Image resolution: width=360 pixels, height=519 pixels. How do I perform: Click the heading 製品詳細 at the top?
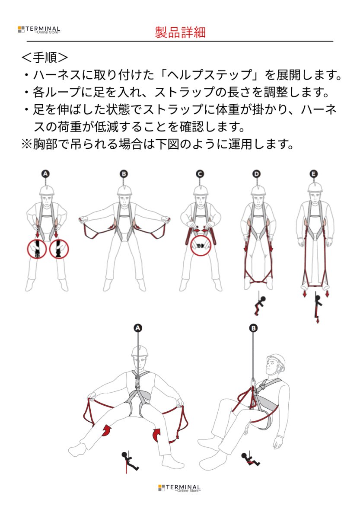pyautogui.click(x=180, y=32)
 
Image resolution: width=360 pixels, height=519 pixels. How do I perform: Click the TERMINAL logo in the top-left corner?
pyautogui.click(x=39, y=30)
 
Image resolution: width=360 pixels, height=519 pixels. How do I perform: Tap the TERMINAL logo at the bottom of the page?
pyautogui.click(x=179, y=488)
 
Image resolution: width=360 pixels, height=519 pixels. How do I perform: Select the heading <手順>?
pyautogui.click(x=45, y=58)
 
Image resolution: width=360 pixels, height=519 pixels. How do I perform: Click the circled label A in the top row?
pyautogui.click(x=45, y=174)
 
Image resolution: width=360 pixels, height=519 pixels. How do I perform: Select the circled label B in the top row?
pyautogui.click(x=124, y=174)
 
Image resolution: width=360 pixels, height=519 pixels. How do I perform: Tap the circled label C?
pyautogui.click(x=200, y=174)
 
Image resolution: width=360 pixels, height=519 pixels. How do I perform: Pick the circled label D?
pyautogui.click(x=257, y=174)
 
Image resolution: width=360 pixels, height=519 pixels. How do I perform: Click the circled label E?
pyautogui.click(x=314, y=174)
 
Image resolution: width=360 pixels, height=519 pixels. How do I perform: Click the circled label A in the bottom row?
pyautogui.click(x=138, y=328)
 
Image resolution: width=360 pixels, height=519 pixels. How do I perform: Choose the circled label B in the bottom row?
pyautogui.click(x=254, y=328)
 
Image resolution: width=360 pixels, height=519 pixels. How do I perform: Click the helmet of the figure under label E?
pyautogui.click(x=315, y=187)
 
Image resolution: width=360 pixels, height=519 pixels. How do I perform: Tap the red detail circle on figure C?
pyautogui.click(x=202, y=245)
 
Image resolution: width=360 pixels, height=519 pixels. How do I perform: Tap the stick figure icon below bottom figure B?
pyautogui.click(x=250, y=459)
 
